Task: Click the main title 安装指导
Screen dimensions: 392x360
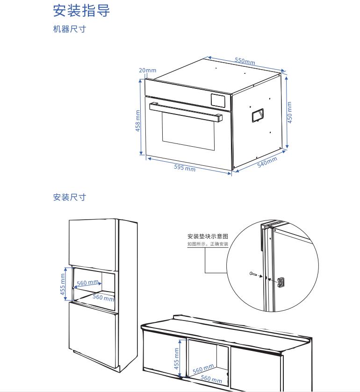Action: point(81,11)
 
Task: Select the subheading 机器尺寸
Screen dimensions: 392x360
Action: point(69,29)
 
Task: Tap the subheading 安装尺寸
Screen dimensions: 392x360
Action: point(69,197)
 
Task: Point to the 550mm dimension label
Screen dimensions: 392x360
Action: point(245,61)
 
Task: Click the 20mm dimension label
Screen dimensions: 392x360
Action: point(148,71)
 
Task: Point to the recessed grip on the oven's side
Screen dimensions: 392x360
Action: point(257,115)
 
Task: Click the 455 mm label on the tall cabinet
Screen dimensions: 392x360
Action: point(63,284)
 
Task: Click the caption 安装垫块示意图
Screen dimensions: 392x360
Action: point(208,236)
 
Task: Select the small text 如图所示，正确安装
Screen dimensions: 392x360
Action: point(208,244)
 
